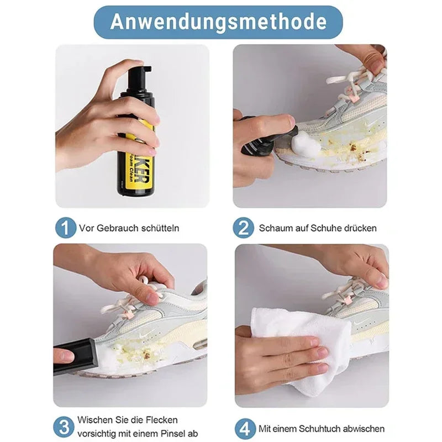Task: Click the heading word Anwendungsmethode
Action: point(218,22)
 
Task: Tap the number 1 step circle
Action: point(65,227)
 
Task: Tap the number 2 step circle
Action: point(243,227)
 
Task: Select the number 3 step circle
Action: point(65,427)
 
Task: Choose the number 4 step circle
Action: point(243,428)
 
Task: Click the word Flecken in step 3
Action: point(162,420)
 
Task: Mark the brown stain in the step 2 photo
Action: point(352,148)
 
